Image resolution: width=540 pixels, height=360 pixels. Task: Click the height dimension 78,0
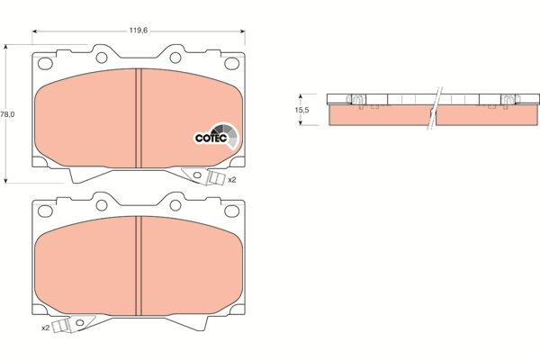pos(7,114)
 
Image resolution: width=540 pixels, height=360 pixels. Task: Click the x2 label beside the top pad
pos(231,180)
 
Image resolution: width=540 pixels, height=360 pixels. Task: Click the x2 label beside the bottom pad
pos(45,328)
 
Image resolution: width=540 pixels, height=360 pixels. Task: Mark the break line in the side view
pos(436,108)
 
